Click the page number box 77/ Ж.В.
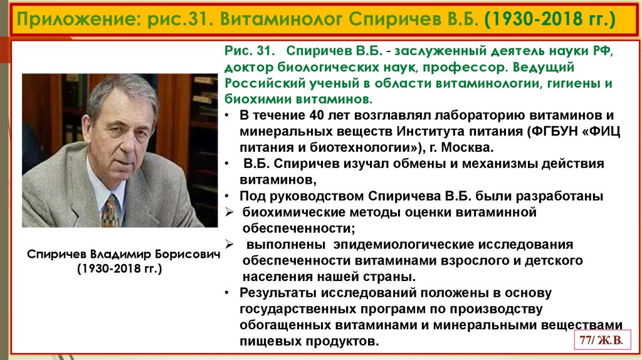[601, 341]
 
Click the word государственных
[298, 309]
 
